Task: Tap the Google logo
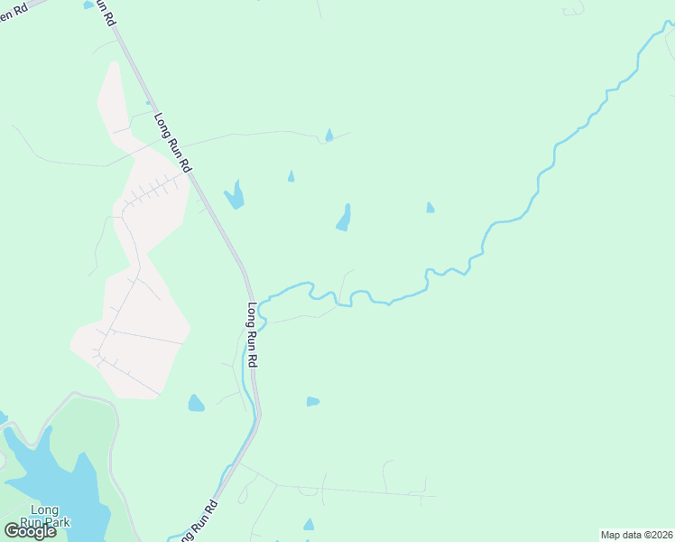(30, 531)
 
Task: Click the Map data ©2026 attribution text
(635, 535)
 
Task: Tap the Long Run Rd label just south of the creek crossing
(253, 334)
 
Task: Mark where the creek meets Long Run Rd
(259, 310)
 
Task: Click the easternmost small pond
(430, 208)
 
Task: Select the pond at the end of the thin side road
(328, 135)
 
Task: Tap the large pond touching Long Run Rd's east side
(235, 195)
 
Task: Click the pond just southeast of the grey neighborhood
(196, 403)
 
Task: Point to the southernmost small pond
(309, 525)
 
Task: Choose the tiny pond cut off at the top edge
(88, 5)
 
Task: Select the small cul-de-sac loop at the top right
(574, 11)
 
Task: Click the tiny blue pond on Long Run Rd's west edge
(149, 103)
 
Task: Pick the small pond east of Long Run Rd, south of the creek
(312, 401)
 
